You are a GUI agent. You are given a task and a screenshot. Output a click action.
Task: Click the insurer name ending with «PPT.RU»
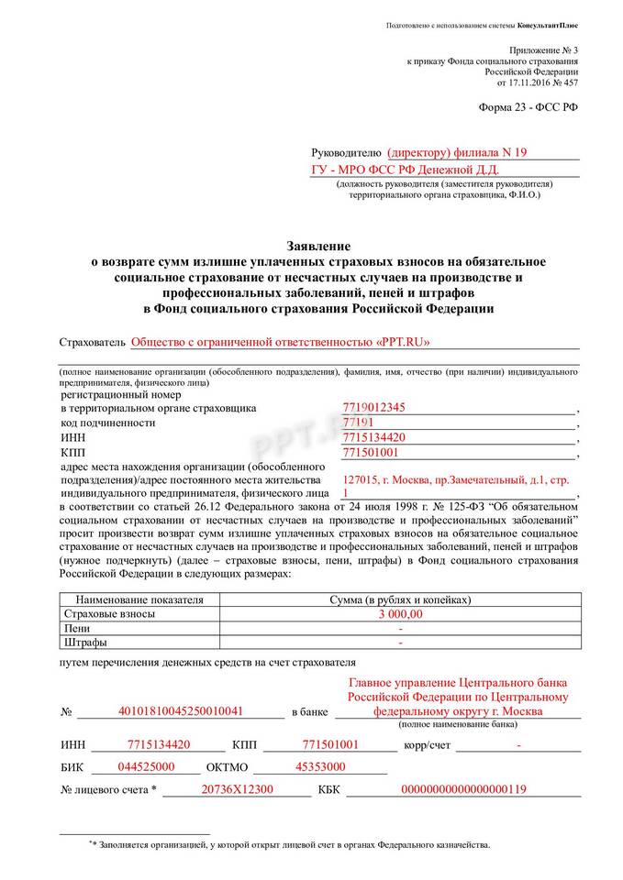pos(281,343)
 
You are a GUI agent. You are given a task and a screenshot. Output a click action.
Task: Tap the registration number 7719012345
pos(373,408)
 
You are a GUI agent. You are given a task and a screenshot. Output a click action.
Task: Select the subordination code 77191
pos(357,423)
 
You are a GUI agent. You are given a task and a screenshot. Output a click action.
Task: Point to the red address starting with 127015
pos(454,479)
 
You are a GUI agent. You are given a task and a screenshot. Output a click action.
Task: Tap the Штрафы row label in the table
pos(83,643)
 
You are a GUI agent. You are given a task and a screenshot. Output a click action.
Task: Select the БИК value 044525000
pos(146,766)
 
